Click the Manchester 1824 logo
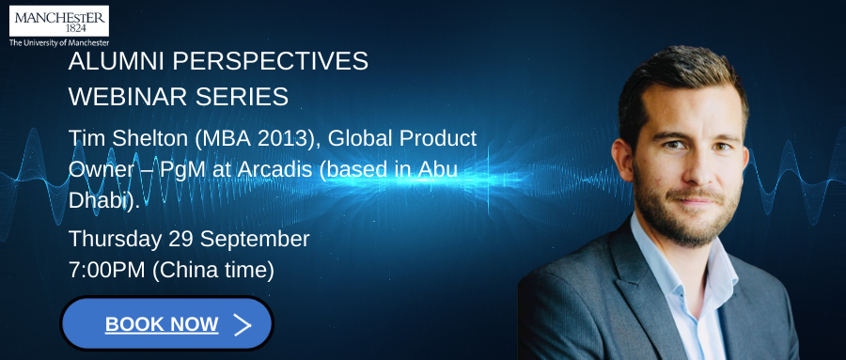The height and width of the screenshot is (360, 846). [x=59, y=21]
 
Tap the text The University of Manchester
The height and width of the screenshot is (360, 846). [x=59, y=42]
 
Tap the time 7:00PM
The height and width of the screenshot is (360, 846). [x=107, y=271]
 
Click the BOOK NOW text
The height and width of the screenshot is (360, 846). [x=162, y=324]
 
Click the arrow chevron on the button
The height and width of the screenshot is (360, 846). [x=243, y=324]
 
